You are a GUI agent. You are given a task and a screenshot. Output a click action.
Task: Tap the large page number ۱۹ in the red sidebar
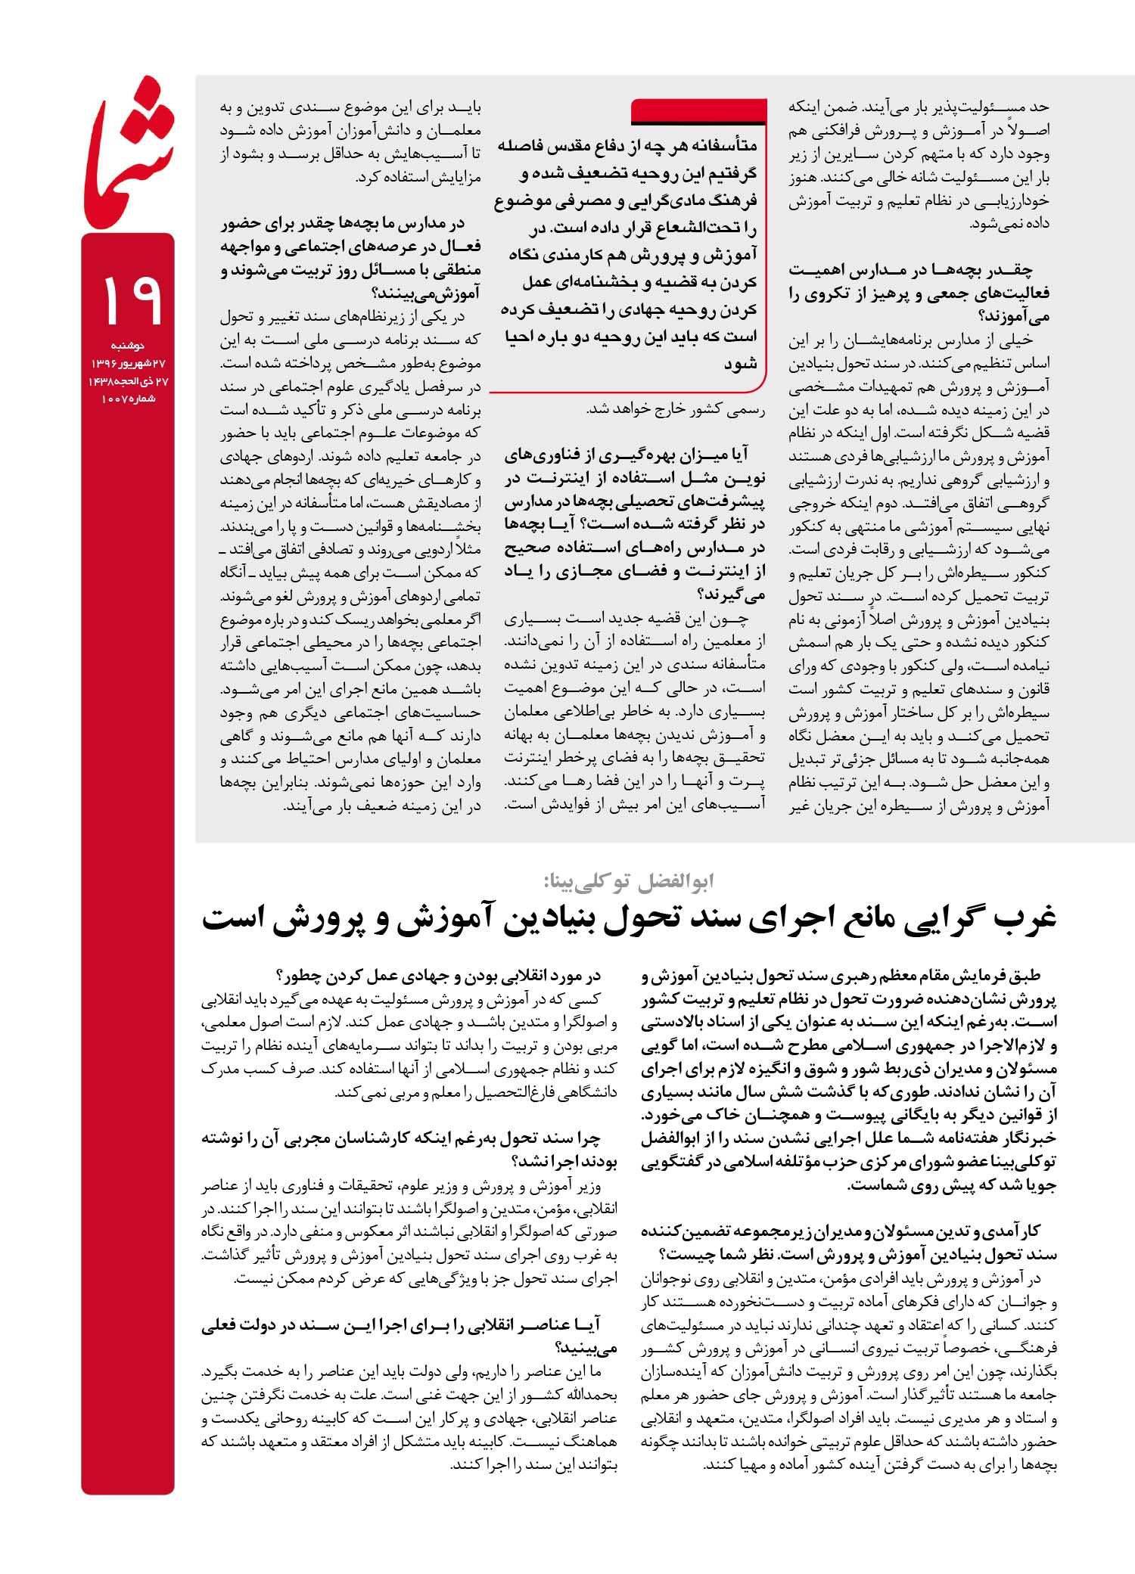129,300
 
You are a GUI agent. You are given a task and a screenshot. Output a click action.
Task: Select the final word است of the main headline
232,917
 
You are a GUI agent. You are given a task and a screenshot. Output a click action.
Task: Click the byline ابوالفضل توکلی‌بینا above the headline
628,881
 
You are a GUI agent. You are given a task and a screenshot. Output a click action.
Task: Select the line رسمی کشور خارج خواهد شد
675,409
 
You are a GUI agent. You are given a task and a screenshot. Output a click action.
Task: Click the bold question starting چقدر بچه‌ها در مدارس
919,292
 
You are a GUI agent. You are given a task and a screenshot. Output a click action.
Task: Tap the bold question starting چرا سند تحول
409,1149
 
